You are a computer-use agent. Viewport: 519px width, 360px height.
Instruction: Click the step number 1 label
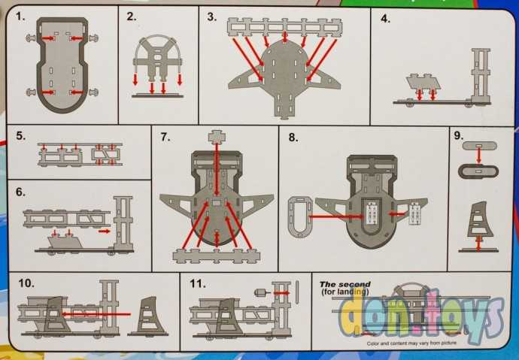(x=20, y=17)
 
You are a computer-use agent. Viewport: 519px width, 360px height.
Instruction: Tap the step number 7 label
(x=165, y=137)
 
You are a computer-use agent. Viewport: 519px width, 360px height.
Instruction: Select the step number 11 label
(x=198, y=283)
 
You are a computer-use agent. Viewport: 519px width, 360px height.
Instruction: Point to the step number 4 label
(x=385, y=19)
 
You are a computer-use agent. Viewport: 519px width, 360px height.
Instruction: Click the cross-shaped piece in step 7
(x=217, y=137)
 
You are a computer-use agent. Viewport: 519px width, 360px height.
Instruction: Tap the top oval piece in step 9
(x=479, y=146)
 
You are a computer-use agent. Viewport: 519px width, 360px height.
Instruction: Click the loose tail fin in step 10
(x=150, y=315)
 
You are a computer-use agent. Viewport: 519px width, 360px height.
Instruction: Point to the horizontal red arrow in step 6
(x=105, y=231)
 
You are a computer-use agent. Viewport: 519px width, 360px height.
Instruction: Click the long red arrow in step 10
(x=96, y=314)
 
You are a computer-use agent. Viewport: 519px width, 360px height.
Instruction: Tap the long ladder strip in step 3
(x=284, y=27)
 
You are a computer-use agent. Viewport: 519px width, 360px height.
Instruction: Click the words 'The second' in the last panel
(x=345, y=284)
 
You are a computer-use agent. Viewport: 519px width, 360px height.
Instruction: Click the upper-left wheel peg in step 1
(x=31, y=38)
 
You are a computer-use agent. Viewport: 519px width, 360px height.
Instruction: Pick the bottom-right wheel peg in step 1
(x=93, y=92)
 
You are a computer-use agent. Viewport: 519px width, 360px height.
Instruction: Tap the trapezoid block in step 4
(x=423, y=82)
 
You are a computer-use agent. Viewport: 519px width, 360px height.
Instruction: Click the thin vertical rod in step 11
(x=297, y=292)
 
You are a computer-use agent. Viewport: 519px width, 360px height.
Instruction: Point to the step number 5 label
(x=21, y=136)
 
